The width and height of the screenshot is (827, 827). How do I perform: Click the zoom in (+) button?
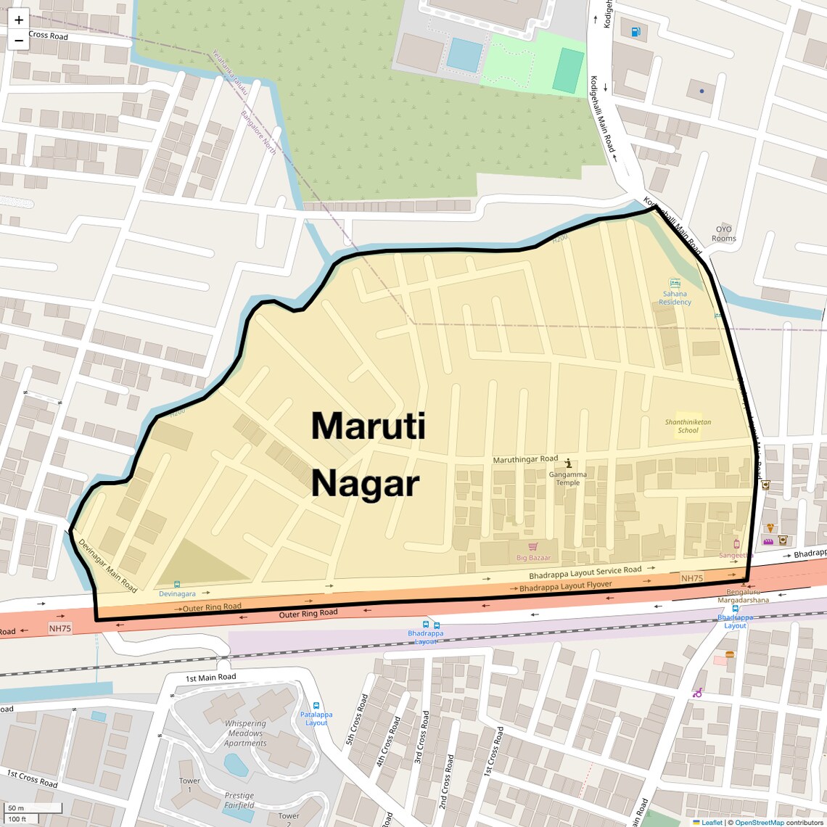point(19,20)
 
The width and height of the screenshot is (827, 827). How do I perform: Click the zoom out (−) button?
point(19,40)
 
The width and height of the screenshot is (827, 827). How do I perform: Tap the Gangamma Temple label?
point(568,478)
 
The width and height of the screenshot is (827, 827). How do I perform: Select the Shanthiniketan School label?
point(688,426)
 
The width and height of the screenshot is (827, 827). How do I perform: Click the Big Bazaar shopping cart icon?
point(533,546)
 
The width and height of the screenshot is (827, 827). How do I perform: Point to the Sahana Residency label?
point(675,298)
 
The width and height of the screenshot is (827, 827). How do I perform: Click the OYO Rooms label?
point(724,234)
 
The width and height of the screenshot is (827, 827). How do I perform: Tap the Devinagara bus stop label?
point(178,593)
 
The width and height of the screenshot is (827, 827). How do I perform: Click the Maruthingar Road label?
point(525,459)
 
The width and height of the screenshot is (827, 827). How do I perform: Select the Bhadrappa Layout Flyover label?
point(566,586)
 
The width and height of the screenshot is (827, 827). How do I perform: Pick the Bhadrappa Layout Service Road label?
point(585,572)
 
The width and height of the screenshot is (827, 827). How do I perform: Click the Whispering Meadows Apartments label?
point(245,733)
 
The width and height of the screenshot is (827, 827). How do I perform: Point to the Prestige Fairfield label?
point(239,800)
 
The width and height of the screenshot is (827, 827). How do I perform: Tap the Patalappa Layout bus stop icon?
point(316,706)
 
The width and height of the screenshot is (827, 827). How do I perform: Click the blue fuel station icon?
point(636,31)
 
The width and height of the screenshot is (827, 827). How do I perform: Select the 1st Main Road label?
point(210,678)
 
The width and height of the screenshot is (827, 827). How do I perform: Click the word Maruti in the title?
point(368,426)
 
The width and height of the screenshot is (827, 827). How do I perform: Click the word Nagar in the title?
point(365,484)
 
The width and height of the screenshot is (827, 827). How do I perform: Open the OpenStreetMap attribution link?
point(759,823)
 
